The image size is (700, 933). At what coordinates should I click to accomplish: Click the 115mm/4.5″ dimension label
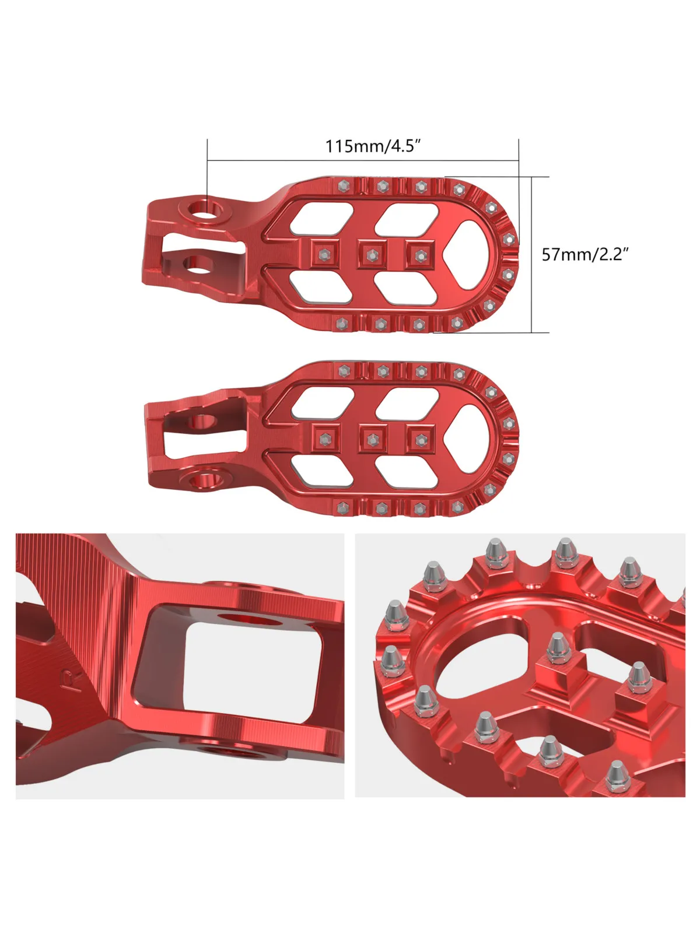tap(373, 146)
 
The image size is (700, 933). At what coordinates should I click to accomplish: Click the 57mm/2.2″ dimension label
tap(586, 254)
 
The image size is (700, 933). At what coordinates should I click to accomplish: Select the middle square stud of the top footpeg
tap(371, 254)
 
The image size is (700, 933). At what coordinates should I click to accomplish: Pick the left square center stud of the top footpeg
tap(324, 254)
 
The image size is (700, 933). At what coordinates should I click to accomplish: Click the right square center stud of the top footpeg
tap(419, 254)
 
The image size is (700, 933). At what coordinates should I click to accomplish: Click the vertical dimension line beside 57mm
tap(532, 254)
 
